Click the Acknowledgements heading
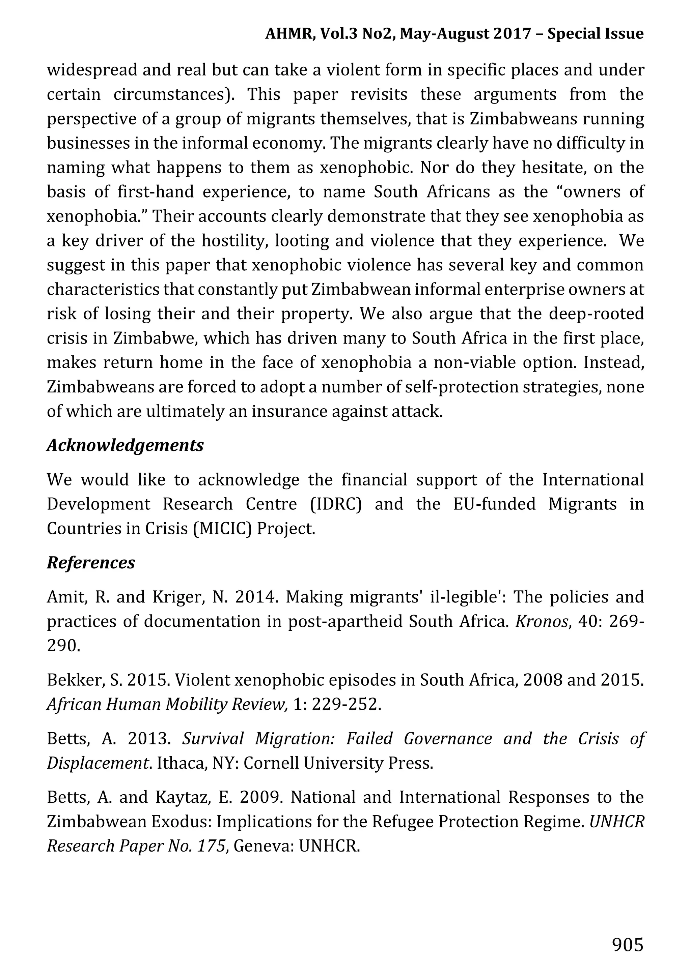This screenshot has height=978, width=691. coord(125,446)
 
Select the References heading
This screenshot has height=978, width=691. coord(91,563)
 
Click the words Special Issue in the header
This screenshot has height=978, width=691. coord(595,34)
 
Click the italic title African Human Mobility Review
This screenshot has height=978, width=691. coord(167,705)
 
